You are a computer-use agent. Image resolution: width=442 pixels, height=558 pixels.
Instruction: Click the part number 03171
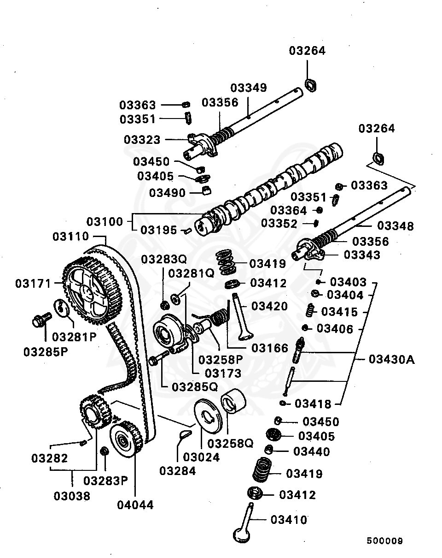[33, 283]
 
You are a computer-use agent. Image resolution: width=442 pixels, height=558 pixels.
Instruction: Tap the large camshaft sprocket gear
[90, 291]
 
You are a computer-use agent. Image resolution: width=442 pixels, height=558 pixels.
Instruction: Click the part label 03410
[289, 520]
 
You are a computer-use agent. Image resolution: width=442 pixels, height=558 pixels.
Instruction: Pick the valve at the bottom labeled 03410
[244, 526]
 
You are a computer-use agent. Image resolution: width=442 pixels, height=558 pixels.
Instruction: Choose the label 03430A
[391, 359]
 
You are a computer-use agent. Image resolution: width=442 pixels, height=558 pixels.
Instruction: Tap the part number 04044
[135, 505]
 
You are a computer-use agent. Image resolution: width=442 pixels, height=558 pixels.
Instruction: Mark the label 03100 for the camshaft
[105, 222]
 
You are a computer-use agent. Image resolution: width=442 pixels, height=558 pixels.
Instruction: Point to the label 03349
[249, 88]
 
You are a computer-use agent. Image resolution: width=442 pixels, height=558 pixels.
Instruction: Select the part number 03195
[159, 230]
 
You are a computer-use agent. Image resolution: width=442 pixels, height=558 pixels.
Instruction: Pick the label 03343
[362, 255]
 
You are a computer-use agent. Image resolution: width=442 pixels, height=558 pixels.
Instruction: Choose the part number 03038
[72, 496]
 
